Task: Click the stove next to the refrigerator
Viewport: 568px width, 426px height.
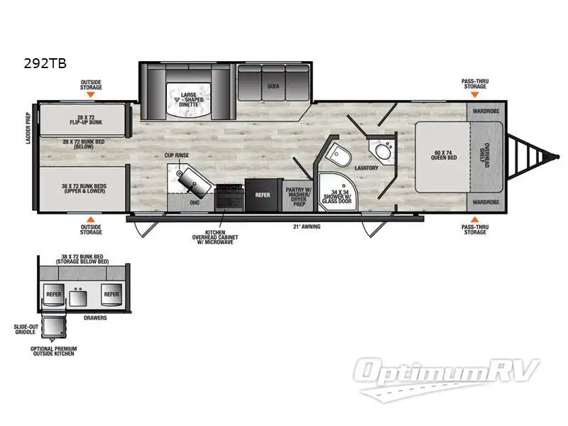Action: point(229,196)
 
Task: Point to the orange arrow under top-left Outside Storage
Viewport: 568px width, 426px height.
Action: point(91,94)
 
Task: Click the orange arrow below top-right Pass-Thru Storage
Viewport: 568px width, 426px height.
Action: point(475,94)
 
